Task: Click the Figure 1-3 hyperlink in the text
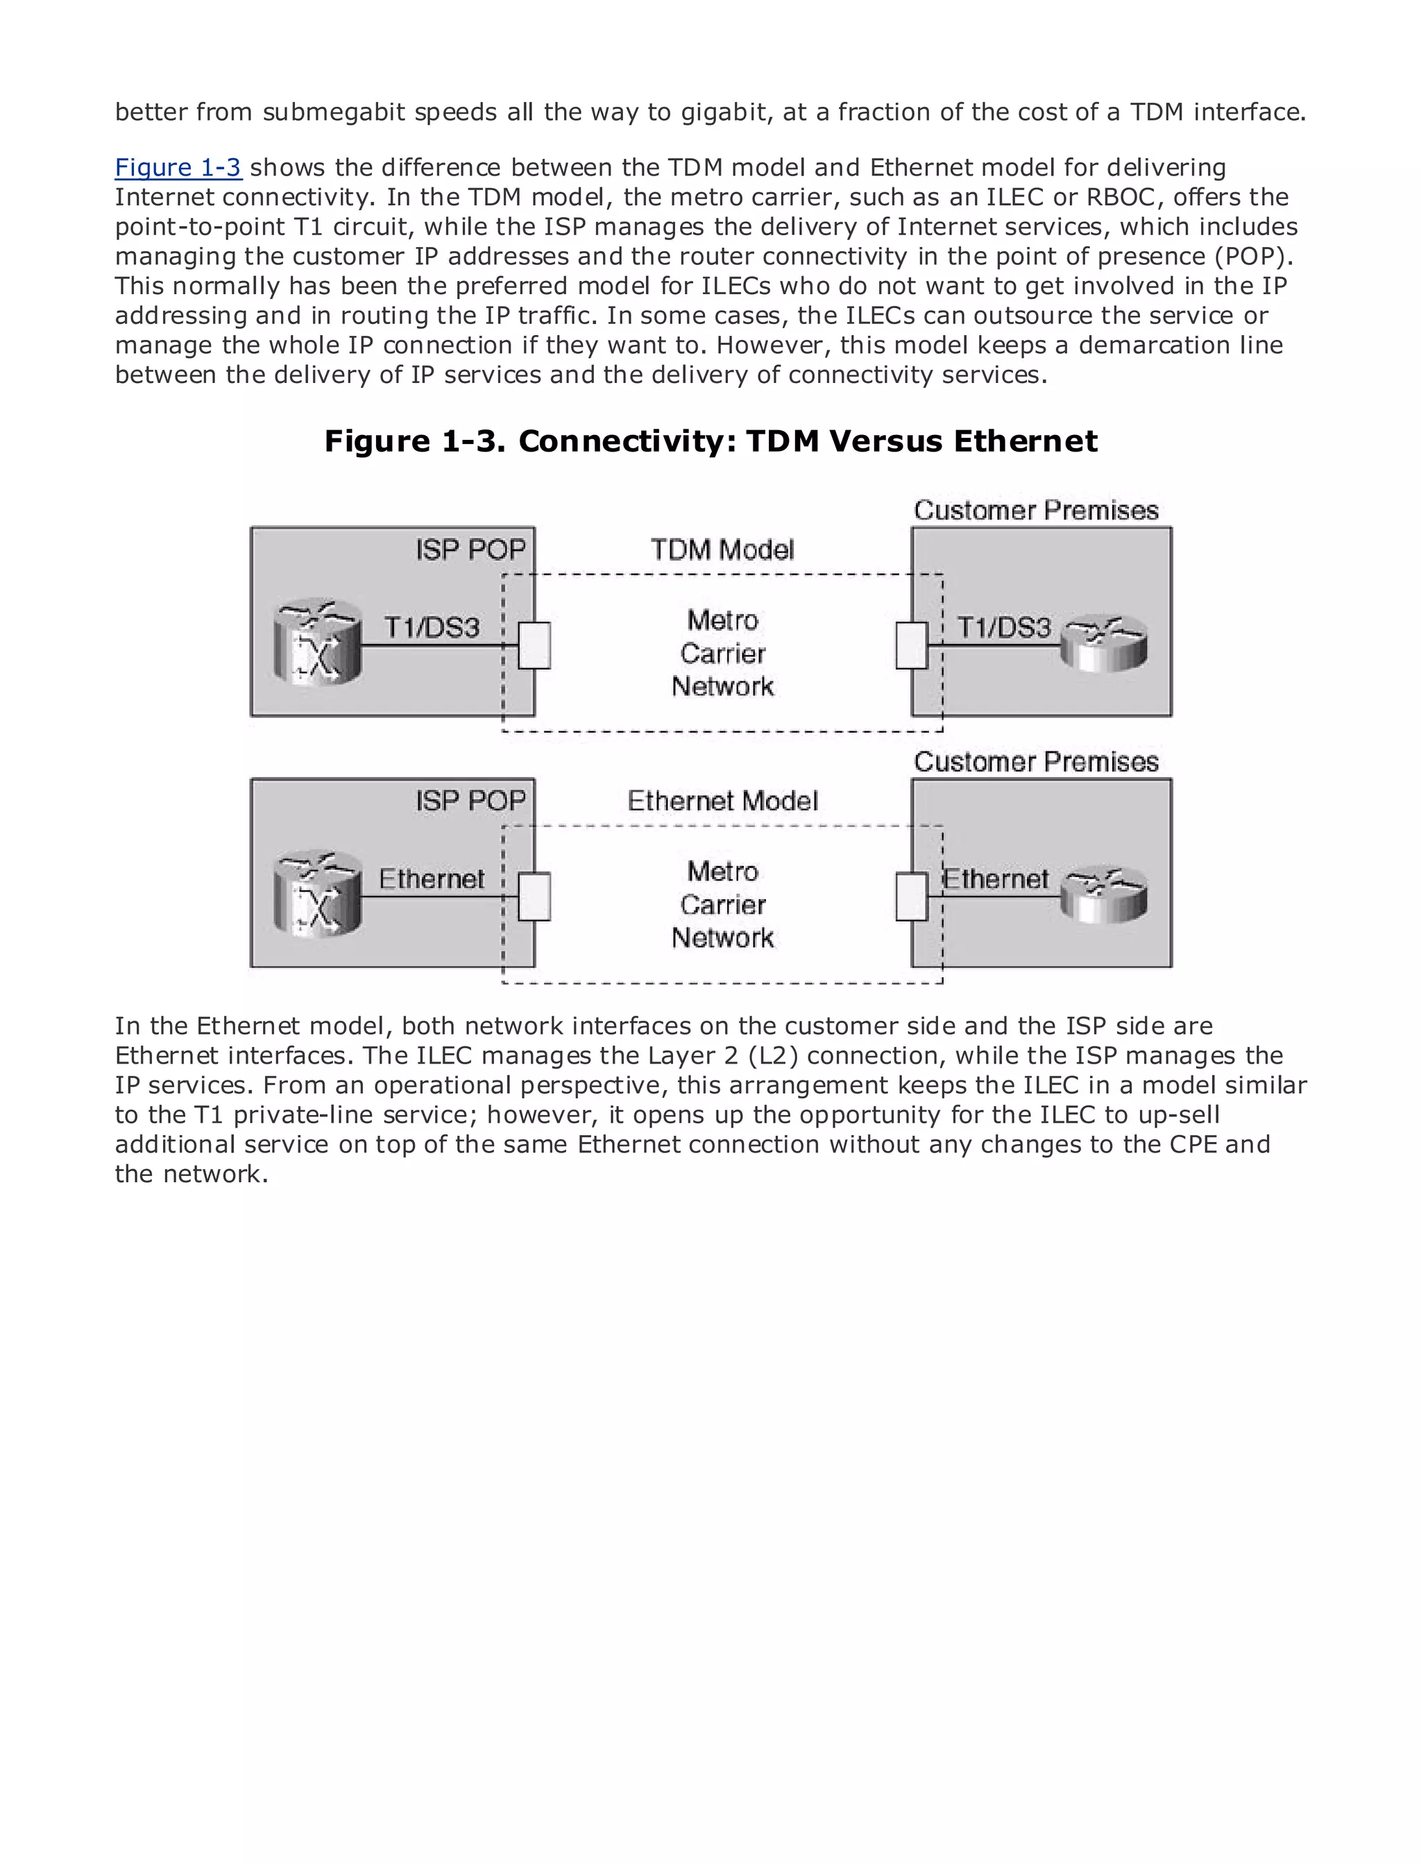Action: [178, 167]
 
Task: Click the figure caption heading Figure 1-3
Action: [710, 441]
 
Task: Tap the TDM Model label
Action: [722, 550]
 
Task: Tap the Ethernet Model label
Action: [722, 801]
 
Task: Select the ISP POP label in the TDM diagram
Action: [470, 550]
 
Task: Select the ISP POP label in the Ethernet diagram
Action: [470, 800]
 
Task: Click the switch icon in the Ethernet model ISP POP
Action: [317, 894]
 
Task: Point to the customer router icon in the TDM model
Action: [1104, 644]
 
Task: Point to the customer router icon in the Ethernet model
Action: [1104, 894]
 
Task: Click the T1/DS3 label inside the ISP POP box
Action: [432, 628]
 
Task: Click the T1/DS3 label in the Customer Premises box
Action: [1004, 628]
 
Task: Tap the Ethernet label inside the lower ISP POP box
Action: [432, 880]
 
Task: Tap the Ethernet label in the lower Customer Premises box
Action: [996, 880]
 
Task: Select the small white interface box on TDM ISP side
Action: [534, 645]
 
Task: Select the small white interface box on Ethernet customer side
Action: [912, 896]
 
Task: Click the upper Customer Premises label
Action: [1035, 510]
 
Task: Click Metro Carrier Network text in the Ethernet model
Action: [722, 904]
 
